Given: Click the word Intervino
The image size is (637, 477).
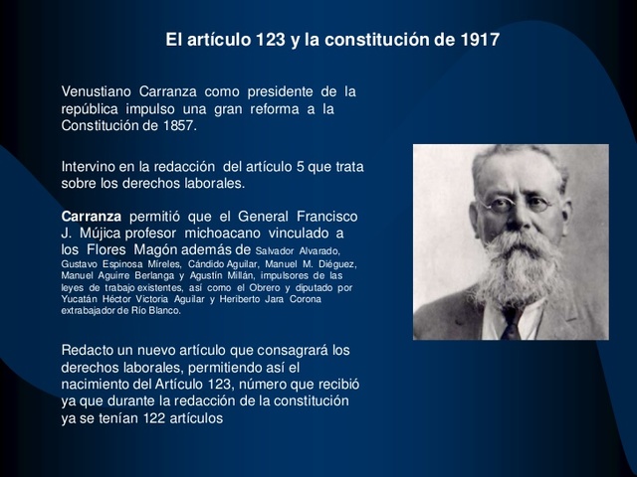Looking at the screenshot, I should pos(91,167).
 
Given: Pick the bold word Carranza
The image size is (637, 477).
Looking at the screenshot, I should pos(92,216).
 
